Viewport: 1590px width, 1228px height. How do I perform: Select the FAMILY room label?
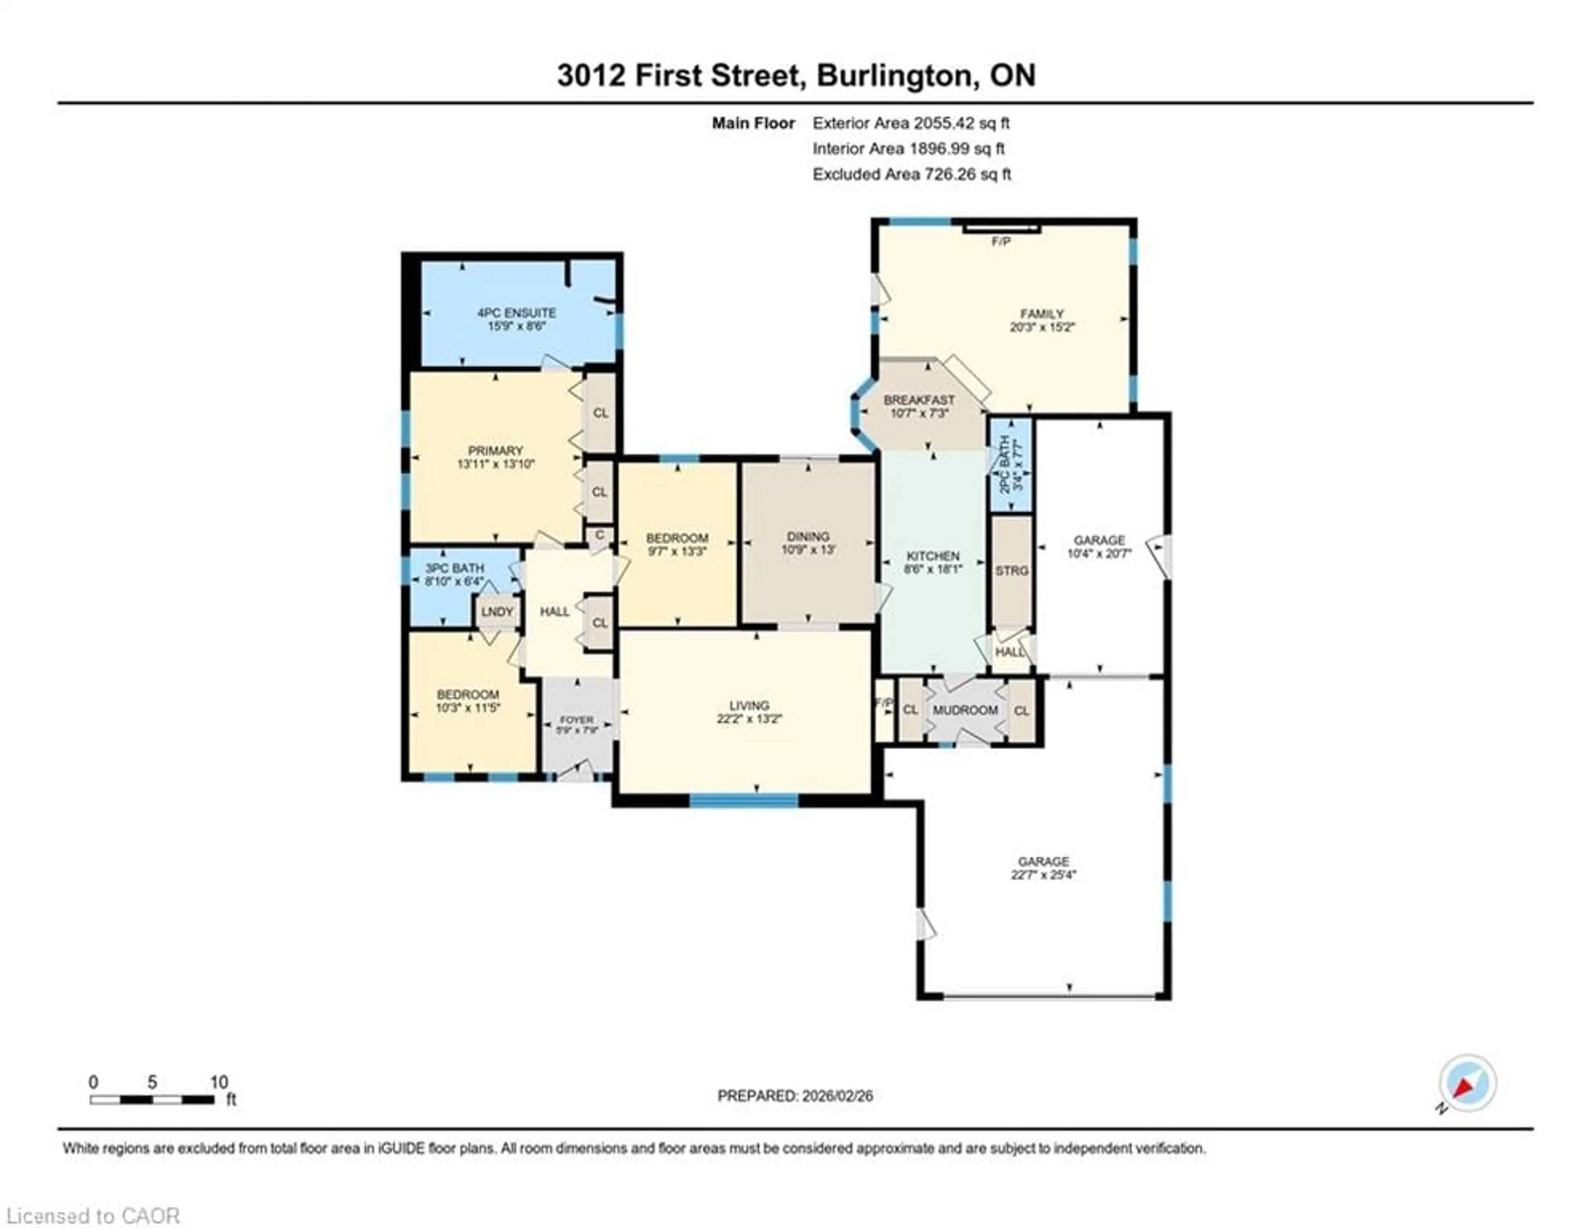(1042, 314)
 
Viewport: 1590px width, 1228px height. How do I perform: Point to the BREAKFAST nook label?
(919, 400)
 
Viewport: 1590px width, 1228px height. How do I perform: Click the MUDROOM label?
(965, 710)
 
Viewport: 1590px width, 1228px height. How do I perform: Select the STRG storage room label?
(1011, 571)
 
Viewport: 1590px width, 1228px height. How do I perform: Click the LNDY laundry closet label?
(497, 612)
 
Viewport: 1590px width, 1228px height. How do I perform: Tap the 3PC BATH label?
(454, 568)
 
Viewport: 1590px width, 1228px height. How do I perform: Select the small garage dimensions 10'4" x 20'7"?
(1099, 554)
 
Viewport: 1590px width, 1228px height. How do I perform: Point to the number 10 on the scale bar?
(218, 1082)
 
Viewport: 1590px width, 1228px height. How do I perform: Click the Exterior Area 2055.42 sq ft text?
(911, 123)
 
